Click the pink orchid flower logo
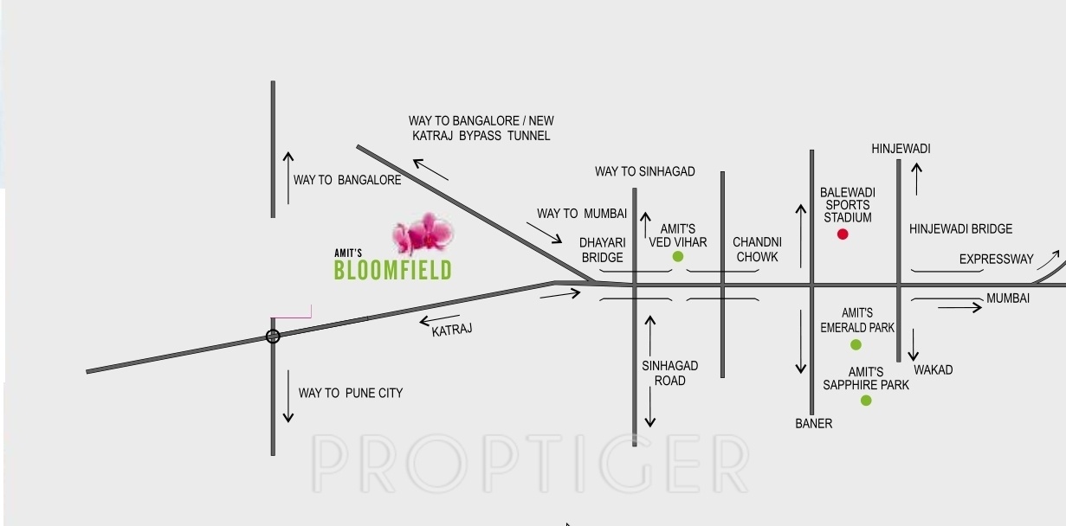(x=423, y=234)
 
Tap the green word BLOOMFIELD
(x=392, y=270)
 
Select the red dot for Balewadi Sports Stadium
(x=843, y=234)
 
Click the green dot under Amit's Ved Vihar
(x=678, y=257)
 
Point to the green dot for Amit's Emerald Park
(x=856, y=344)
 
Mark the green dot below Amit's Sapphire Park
(x=866, y=401)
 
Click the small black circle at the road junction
(x=273, y=337)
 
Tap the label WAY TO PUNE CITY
(x=351, y=393)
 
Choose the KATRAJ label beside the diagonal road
(x=452, y=330)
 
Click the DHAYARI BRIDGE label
(x=602, y=250)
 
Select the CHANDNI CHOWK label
(x=757, y=249)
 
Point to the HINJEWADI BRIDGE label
(x=960, y=229)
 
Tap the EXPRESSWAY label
(x=996, y=260)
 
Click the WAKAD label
(x=933, y=369)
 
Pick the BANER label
(x=814, y=423)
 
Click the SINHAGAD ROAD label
(x=670, y=373)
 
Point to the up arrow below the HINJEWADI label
(x=917, y=178)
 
